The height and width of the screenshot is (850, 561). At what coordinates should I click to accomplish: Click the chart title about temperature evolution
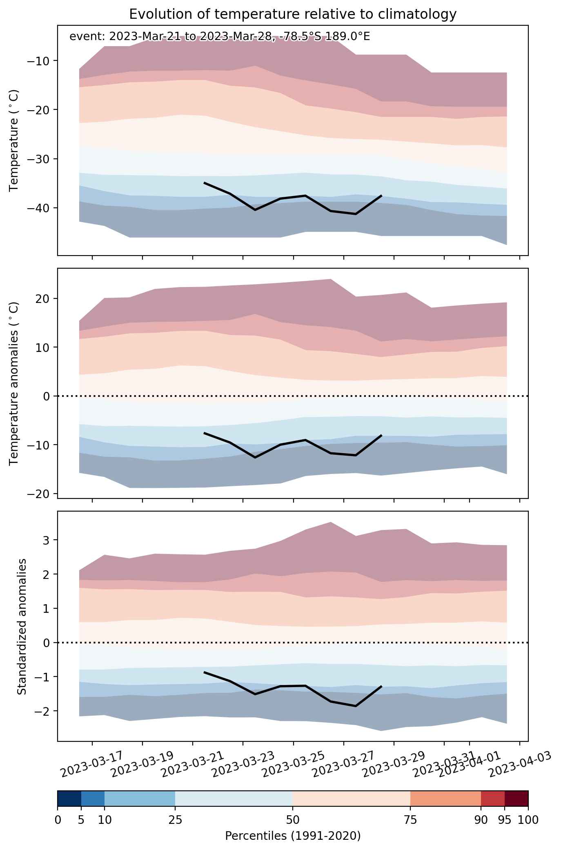point(292,14)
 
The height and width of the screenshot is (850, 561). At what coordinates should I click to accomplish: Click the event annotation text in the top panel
point(220,37)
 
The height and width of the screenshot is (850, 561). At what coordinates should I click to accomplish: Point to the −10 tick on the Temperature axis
point(38,61)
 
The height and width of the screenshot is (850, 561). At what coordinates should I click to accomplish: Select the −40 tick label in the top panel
point(38,208)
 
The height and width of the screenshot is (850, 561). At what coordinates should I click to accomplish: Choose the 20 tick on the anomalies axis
point(42,298)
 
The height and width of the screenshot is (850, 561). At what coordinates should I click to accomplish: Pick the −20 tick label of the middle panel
point(38,494)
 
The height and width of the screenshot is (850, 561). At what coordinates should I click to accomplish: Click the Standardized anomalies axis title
point(22,626)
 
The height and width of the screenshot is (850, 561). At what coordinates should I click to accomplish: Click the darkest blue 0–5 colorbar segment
point(69,799)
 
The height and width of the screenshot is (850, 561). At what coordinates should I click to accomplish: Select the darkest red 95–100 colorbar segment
point(516,799)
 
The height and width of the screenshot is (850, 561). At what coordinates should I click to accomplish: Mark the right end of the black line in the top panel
point(381,196)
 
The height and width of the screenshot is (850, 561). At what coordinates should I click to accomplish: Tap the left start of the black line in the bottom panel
point(204,672)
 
